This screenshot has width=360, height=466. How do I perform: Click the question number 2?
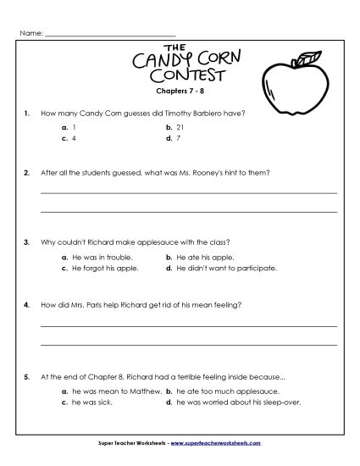[28, 171]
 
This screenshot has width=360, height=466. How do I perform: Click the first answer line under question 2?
[188, 193]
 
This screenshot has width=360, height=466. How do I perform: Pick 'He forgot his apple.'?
[105, 267]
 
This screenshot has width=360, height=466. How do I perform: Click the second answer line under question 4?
[188, 342]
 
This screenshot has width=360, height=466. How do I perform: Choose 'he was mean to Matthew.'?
[111, 391]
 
